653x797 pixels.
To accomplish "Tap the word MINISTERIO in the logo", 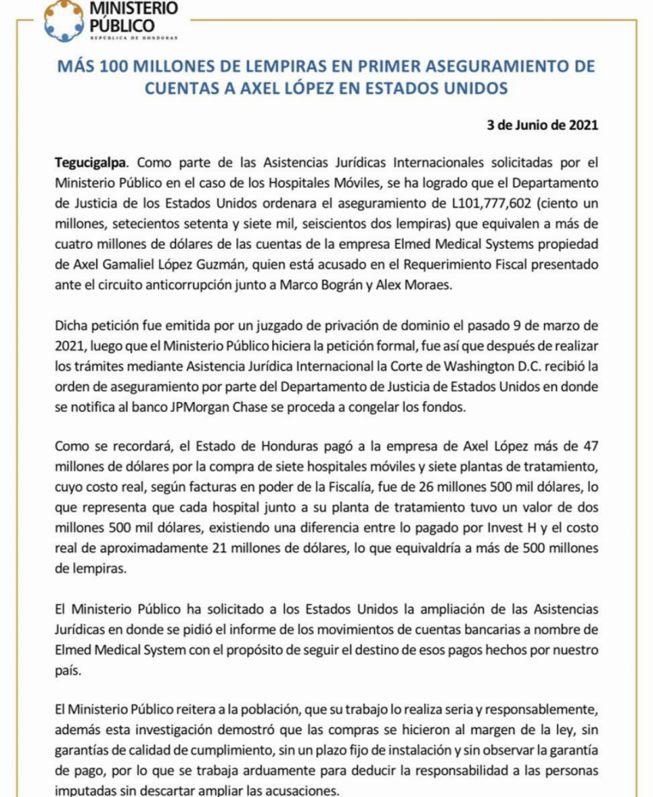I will coord(135,9).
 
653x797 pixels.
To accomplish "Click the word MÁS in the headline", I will coord(76,66).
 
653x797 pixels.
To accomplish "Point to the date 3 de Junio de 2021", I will coord(542,124).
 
